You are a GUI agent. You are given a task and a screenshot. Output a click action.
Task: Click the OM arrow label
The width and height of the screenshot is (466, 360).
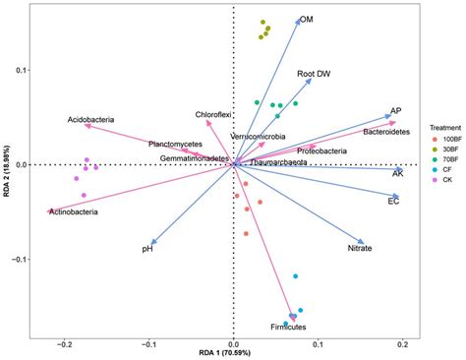(307, 20)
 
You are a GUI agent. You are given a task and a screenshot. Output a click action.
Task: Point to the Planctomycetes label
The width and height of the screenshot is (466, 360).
(176, 144)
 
